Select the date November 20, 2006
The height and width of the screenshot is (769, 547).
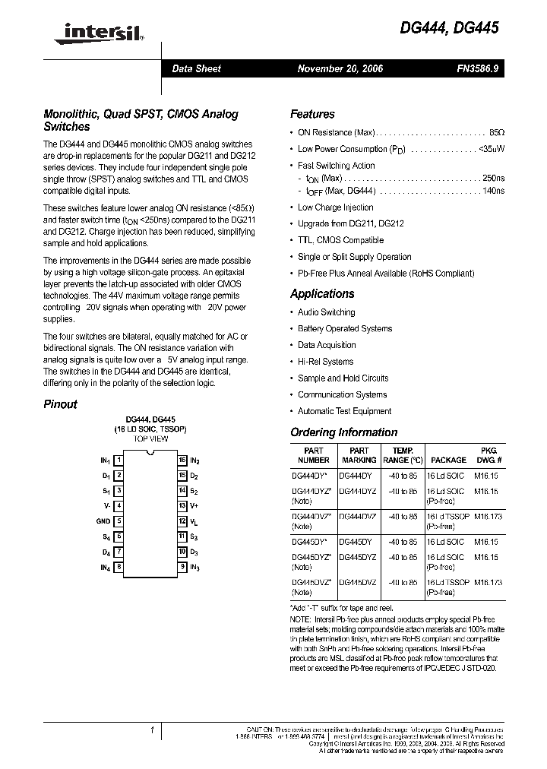click(x=340, y=68)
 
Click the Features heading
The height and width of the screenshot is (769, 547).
click(x=312, y=114)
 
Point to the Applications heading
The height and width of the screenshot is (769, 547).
click(x=322, y=293)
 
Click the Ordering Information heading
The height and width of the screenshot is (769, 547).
click(x=343, y=432)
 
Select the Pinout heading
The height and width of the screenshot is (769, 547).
click(x=60, y=404)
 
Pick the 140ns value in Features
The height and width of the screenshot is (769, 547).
click(x=493, y=191)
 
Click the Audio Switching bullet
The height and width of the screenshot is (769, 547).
click(x=326, y=312)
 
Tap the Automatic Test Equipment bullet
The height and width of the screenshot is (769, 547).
click(x=344, y=411)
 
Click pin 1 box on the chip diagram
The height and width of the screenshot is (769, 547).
click(x=119, y=460)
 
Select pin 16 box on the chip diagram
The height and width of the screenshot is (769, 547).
click(x=182, y=460)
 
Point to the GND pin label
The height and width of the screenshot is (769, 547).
click(x=103, y=521)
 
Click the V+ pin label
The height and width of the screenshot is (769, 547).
click(x=194, y=506)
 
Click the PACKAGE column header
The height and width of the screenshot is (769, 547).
click(x=448, y=460)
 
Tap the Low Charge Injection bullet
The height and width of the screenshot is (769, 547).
click(x=335, y=207)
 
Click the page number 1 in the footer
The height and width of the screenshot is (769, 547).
click(x=152, y=730)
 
